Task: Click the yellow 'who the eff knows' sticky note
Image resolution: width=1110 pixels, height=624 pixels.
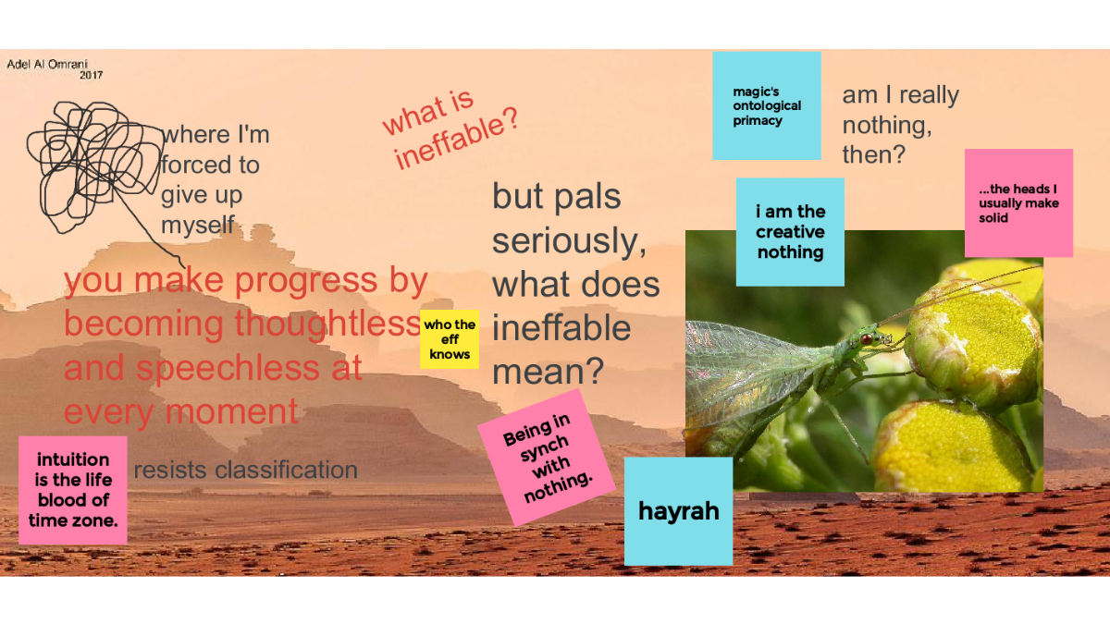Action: click(x=450, y=339)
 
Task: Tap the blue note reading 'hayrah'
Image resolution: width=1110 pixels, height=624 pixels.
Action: click(x=678, y=511)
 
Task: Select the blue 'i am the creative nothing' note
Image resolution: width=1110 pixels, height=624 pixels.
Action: click(x=790, y=232)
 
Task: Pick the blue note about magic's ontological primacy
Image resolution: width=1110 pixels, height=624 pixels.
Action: click(x=767, y=105)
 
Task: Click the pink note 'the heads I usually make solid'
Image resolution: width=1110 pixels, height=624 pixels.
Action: click(x=1018, y=203)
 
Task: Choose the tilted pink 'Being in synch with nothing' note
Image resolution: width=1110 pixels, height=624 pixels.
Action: click(x=547, y=457)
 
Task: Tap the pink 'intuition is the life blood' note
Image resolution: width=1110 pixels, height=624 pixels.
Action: click(x=73, y=490)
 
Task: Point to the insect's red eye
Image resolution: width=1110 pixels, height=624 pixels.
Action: click(x=867, y=339)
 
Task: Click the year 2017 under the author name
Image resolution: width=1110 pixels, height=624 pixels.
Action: click(x=92, y=75)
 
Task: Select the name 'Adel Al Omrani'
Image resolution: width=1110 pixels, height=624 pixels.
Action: click(x=47, y=65)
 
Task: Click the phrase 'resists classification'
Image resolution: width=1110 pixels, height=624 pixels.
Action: click(x=246, y=470)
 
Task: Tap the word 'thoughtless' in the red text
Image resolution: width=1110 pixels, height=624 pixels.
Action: click(x=327, y=324)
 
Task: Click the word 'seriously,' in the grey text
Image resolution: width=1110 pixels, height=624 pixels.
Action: click(x=570, y=241)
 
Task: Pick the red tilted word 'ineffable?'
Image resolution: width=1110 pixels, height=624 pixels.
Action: click(x=456, y=139)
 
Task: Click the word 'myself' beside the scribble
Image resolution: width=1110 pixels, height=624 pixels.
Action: click(x=198, y=226)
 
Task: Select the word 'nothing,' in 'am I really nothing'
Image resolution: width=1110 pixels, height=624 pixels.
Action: click(x=887, y=125)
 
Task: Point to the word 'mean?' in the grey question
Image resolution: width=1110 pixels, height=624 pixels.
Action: click(x=548, y=372)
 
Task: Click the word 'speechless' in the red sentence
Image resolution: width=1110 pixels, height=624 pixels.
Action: click(x=228, y=368)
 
